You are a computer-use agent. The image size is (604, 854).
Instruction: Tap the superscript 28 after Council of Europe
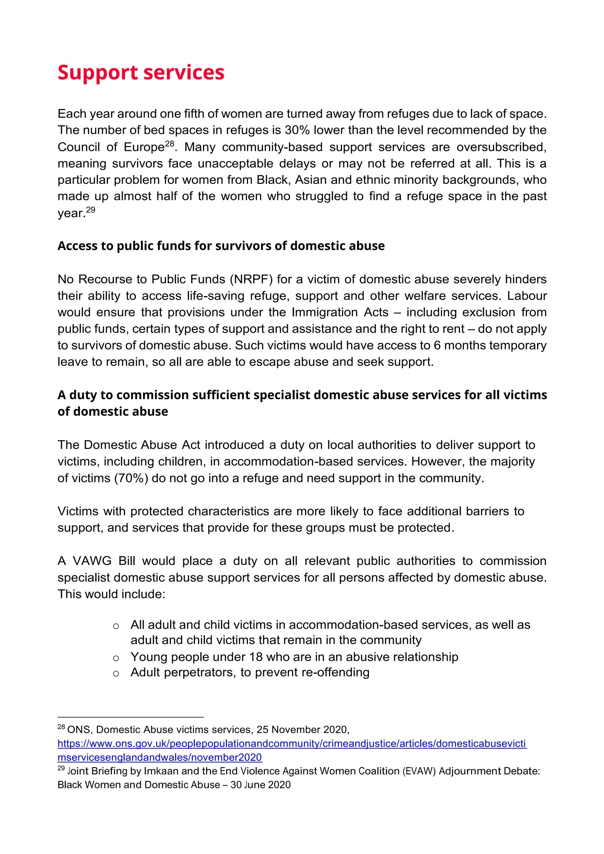click(x=170, y=144)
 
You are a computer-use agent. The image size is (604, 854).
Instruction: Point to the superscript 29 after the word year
click(x=91, y=210)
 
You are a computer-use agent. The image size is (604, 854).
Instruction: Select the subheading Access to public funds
click(x=221, y=246)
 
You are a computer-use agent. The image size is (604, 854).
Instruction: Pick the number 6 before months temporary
click(x=437, y=346)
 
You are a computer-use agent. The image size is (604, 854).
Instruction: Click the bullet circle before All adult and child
click(x=116, y=626)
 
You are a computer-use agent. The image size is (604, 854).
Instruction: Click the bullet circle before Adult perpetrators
click(x=116, y=674)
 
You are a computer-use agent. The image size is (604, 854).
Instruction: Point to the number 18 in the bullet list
click(x=256, y=657)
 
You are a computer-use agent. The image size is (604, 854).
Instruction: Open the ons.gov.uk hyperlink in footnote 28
click(x=292, y=744)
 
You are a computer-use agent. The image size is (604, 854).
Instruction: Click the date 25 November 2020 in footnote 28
click(x=302, y=730)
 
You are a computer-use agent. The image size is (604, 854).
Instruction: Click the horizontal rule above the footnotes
click(x=130, y=717)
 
